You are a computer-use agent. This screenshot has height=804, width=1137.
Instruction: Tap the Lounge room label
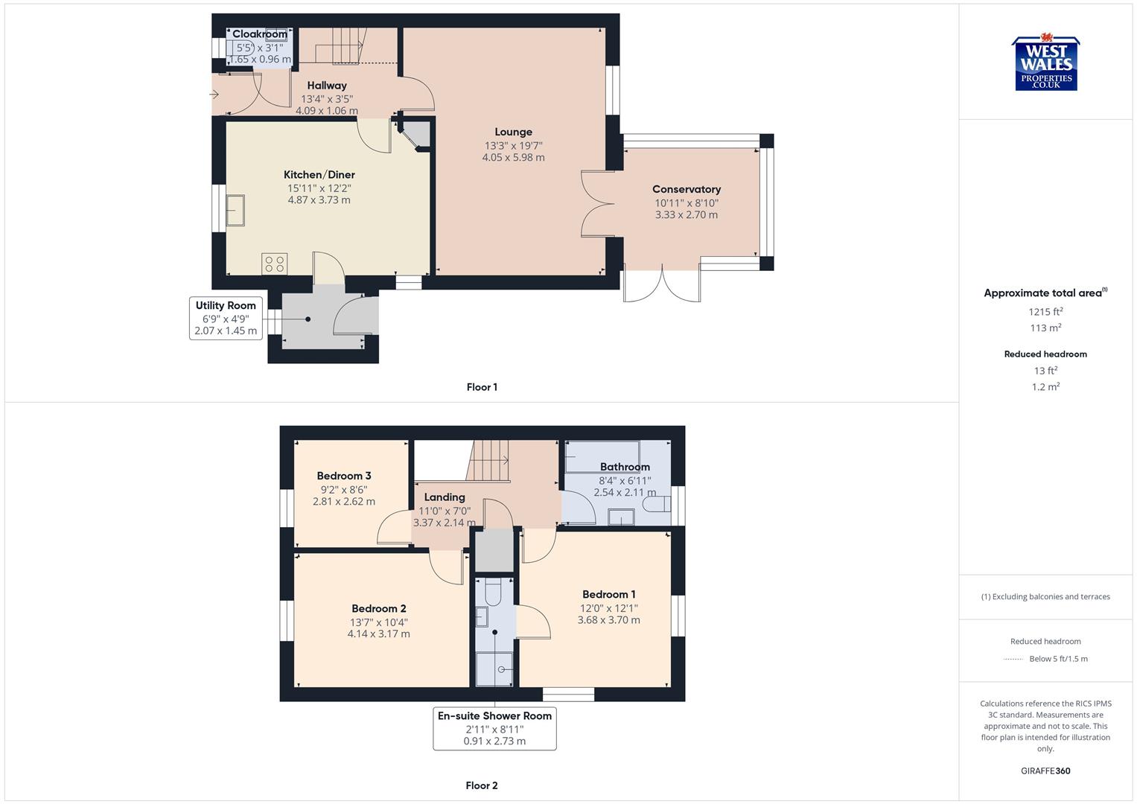[513, 133]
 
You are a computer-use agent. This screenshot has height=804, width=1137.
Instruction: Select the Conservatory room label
[686, 190]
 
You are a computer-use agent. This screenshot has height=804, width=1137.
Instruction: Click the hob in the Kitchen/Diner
[274, 264]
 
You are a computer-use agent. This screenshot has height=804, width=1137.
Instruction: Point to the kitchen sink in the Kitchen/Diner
[235, 210]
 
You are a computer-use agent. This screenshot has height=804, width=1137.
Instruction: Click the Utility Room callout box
[226, 318]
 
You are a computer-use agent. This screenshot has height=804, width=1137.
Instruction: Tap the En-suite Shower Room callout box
[494, 727]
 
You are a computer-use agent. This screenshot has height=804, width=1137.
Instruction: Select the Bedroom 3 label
[343, 476]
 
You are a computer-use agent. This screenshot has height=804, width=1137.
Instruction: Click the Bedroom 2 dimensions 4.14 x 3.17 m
[378, 634]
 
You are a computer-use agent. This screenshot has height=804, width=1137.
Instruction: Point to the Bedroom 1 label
[608, 595]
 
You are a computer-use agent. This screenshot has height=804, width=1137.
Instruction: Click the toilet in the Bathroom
[656, 505]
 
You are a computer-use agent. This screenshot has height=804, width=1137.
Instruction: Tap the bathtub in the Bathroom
[602, 456]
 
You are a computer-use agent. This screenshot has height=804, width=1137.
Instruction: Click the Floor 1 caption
[482, 387]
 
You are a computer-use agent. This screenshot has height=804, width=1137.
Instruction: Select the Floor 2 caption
[482, 785]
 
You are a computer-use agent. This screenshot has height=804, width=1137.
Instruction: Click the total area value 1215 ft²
[1045, 312]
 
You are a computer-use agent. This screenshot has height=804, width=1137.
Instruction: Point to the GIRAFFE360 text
[1045, 770]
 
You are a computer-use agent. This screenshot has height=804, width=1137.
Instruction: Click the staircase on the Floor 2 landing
[488, 460]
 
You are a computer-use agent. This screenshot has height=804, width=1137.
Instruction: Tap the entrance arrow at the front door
[214, 95]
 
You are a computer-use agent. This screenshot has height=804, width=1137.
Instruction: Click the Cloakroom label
[259, 34]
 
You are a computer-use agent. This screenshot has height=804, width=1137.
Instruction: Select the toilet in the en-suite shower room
[493, 593]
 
